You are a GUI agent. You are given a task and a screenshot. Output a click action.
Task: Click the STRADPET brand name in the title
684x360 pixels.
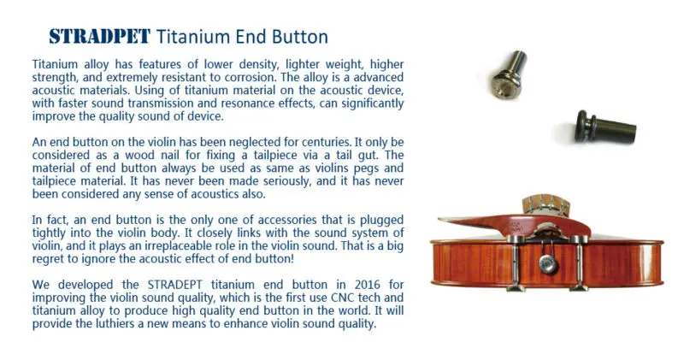pyautogui.click(x=99, y=37)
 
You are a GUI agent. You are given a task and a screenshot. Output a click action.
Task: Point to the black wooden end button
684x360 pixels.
pyautogui.click(x=605, y=127)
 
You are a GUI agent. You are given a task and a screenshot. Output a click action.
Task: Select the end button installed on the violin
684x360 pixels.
pyautogui.click(x=547, y=263)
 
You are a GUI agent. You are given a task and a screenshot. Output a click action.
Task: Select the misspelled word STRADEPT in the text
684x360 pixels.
pyautogui.click(x=175, y=285)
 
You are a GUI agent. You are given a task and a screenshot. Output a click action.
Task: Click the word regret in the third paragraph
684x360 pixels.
pyautogui.click(x=46, y=260)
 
